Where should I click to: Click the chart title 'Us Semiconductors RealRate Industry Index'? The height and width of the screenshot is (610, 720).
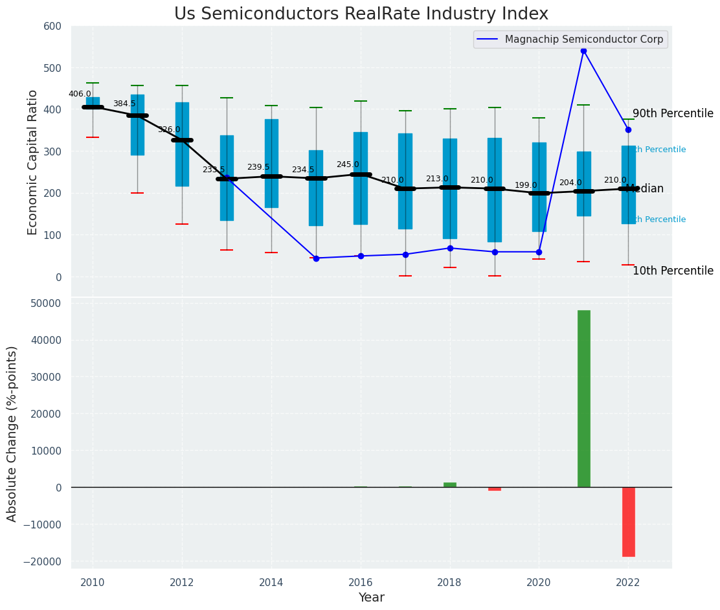(361, 14)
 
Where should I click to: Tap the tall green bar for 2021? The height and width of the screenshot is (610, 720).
(583, 398)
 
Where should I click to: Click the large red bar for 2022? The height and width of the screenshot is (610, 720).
(628, 521)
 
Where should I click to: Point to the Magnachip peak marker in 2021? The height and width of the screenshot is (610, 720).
(583, 51)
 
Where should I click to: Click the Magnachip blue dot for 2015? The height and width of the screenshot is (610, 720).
(316, 258)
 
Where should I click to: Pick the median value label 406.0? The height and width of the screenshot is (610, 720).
(80, 94)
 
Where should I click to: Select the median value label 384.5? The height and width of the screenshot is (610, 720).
(124, 104)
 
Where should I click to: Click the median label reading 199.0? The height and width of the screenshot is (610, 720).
(526, 185)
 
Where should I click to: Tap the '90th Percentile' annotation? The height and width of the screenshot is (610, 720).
(673, 114)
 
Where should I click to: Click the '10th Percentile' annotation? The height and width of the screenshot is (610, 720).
(673, 271)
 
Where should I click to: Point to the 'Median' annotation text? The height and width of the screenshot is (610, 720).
(644, 189)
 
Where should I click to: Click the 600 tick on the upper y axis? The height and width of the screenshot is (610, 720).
(52, 27)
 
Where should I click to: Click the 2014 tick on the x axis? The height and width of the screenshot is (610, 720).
(271, 582)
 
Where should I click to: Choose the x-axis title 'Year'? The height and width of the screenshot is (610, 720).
(371, 598)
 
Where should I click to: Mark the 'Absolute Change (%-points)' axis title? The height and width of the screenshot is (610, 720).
(13, 433)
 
